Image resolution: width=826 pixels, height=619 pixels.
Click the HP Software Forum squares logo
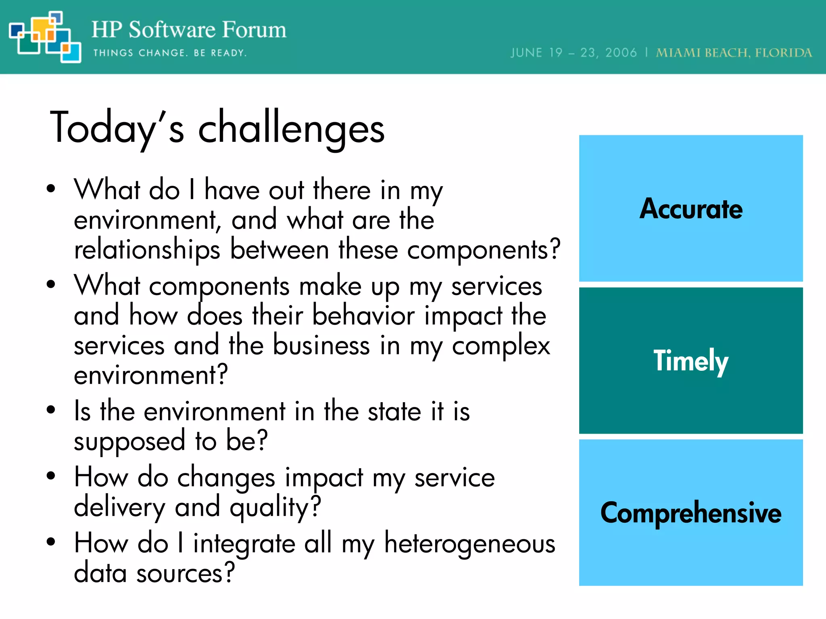(44, 37)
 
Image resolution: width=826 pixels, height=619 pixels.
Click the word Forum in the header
(254, 30)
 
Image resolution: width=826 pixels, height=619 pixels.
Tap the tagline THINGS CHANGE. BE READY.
(170, 53)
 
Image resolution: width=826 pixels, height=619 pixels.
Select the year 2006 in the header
(621, 53)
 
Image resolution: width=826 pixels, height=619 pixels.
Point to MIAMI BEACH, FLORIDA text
(734, 53)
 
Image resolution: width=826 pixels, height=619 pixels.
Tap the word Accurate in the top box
(691, 209)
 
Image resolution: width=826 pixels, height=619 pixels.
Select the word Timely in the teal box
(691, 361)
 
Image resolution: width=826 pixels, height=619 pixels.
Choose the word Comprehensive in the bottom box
(691, 513)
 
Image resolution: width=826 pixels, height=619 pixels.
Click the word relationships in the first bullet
(147, 250)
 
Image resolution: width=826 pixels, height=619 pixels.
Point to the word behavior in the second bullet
(363, 316)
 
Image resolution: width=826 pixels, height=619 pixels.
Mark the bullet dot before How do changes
(51, 476)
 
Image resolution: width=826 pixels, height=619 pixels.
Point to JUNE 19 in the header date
(536, 53)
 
